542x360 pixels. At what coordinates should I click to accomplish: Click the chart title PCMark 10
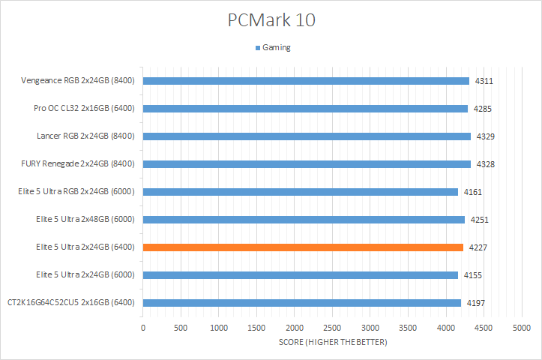271,20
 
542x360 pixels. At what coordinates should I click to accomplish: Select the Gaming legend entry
275,47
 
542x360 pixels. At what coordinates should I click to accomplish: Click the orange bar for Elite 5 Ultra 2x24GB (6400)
303,247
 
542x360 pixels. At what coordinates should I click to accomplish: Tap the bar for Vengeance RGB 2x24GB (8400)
306,80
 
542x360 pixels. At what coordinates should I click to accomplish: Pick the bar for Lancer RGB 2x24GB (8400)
307,136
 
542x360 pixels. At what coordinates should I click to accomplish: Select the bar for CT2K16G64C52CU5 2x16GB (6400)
301,302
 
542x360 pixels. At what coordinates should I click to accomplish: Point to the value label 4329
485,136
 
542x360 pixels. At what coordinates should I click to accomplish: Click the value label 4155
472,275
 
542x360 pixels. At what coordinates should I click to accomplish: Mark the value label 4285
482,109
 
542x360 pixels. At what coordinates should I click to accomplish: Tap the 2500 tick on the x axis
332,328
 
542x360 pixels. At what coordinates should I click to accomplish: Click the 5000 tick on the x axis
522,328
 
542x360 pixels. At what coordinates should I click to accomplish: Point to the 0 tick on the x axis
143,328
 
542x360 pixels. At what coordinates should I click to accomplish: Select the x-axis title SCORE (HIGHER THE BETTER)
332,343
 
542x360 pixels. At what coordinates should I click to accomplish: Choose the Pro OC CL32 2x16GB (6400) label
84,108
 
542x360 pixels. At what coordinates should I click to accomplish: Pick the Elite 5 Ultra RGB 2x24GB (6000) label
76,191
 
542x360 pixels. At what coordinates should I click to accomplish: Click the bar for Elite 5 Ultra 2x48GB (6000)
304,219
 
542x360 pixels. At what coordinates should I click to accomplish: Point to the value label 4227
478,247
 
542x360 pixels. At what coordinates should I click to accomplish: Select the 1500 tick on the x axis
256,328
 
